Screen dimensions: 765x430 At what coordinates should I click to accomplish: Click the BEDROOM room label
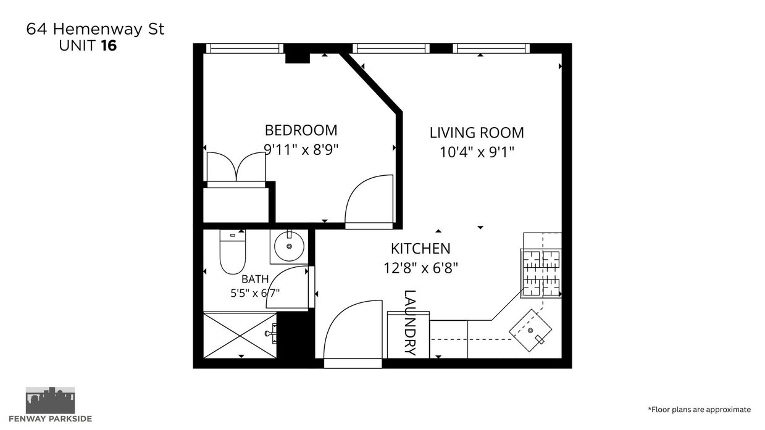[x=301, y=130]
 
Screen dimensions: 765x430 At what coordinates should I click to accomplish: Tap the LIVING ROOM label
[x=477, y=133]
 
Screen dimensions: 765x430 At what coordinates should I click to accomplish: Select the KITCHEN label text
[x=420, y=249]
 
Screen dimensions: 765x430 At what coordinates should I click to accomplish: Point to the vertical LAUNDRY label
[x=410, y=323]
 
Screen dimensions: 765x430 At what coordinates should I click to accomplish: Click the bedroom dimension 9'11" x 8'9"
[x=301, y=149]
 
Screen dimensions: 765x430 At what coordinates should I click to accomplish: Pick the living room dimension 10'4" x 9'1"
[x=477, y=152]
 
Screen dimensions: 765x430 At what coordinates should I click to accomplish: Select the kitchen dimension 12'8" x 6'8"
[x=420, y=268]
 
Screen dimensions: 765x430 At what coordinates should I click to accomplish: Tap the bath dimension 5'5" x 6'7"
[x=255, y=293]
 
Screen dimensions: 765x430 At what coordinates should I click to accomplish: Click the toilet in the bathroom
[x=233, y=252]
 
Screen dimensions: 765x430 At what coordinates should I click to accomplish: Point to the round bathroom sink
[x=289, y=246]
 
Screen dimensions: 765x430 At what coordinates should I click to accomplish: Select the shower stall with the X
[x=240, y=335]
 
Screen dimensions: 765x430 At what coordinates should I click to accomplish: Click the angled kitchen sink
[x=530, y=330]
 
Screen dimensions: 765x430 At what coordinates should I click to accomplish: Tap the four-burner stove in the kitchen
[x=541, y=273]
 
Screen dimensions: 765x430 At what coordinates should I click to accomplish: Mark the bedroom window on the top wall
[x=245, y=49]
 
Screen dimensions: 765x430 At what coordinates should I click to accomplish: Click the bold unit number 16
[x=109, y=46]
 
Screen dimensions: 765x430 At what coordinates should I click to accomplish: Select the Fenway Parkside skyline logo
[x=50, y=400]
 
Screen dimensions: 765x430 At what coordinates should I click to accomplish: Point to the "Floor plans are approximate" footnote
[x=699, y=410]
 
